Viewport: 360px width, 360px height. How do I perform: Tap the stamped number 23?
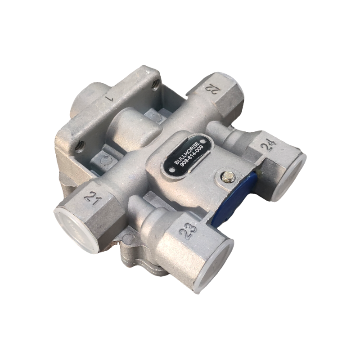[188, 230]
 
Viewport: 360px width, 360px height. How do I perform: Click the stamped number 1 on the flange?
[109, 99]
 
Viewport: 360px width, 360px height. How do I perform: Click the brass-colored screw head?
[225, 176]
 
